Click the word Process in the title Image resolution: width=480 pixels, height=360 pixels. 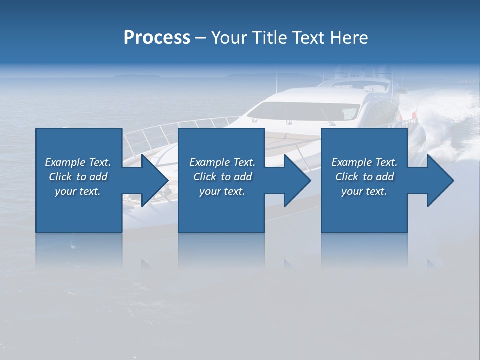[x=157, y=38]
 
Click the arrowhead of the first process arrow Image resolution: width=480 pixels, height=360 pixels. [x=155, y=180]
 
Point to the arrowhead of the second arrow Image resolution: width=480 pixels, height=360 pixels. [x=298, y=180]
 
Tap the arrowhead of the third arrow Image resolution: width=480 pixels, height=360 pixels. [x=440, y=180]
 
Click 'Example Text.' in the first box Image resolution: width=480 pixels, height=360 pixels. [x=78, y=162]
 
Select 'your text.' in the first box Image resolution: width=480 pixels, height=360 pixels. [x=78, y=191]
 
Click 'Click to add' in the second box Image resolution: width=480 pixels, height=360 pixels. [x=222, y=177]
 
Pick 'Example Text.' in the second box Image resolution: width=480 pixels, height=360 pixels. [x=222, y=162]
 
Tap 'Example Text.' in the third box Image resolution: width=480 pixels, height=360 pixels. [x=364, y=162]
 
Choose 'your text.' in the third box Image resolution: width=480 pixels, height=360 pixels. [x=364, y=191]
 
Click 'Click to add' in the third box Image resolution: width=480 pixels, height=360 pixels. [x=364, y=177]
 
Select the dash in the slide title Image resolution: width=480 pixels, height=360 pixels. [x=201, y=38]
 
